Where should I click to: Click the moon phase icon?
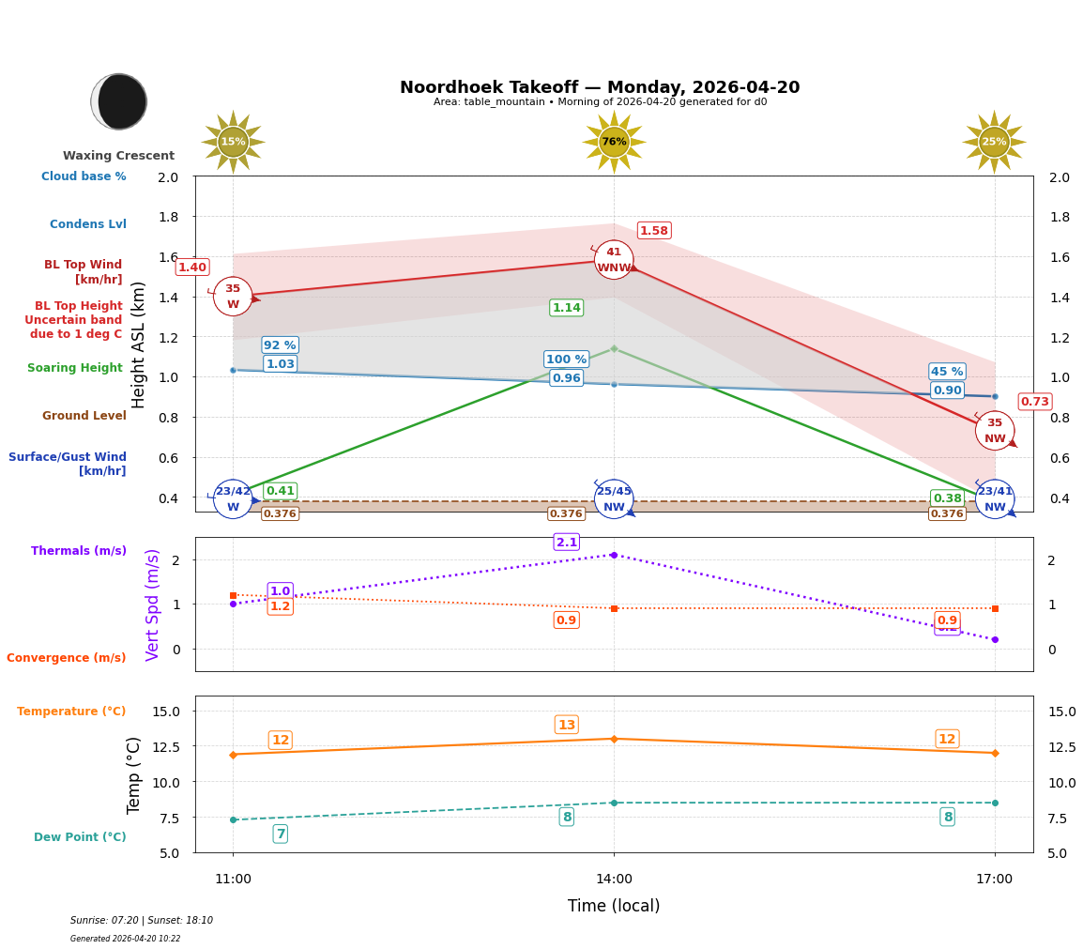119,101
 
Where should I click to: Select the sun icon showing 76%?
614,142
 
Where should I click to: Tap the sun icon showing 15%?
233,142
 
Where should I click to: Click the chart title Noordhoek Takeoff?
600,87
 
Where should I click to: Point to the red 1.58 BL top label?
653,231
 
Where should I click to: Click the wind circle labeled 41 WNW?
614,260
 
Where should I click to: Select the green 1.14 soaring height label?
566,308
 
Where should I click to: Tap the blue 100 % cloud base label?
566,360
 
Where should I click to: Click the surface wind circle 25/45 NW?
614,498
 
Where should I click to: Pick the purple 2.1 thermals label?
567,543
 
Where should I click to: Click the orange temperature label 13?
567,725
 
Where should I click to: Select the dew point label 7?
280,834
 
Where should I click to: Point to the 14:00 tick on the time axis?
614,880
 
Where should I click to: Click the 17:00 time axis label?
994,880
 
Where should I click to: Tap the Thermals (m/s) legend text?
79,551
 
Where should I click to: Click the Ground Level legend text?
84,416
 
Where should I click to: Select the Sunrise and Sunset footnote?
142,921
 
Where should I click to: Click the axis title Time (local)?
614,906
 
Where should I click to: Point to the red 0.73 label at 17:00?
1034,402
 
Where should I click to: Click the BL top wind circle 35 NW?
994,431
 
